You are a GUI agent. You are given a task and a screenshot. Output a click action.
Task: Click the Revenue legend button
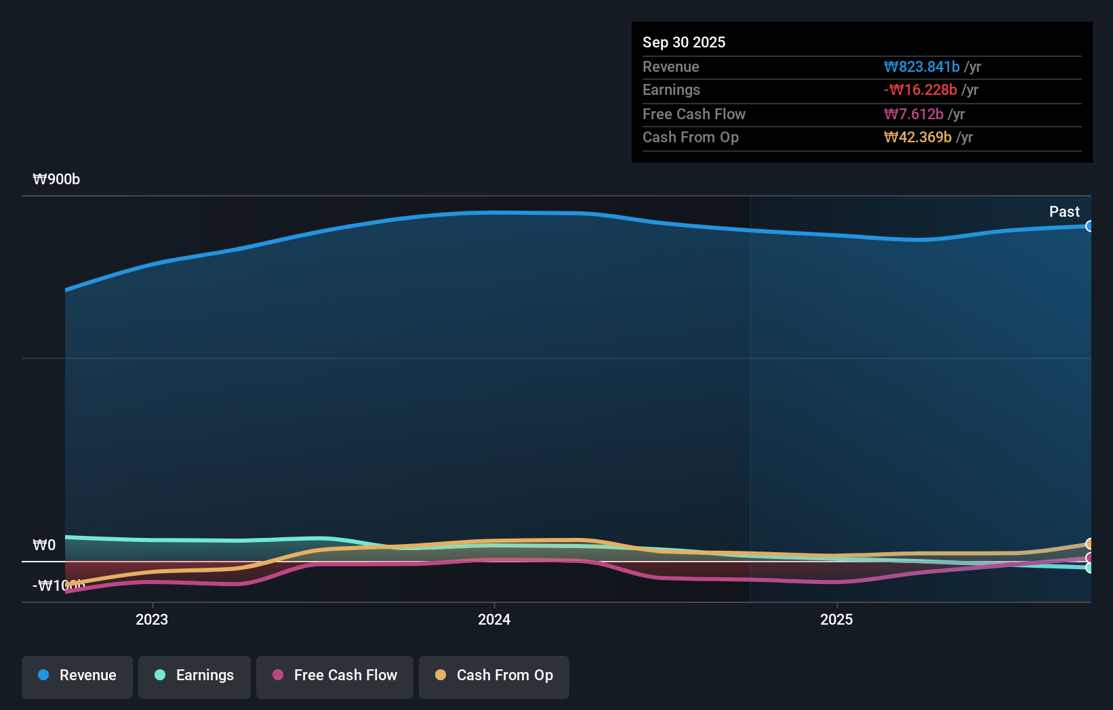pos(77,675)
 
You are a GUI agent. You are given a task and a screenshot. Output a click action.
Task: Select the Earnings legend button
pos(195,675)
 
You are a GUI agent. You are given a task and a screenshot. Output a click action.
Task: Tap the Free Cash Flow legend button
pos(335,675)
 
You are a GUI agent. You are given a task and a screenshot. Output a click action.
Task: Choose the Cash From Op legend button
pos(494,675)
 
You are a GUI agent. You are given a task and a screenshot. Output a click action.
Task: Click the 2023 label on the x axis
pos(152,619)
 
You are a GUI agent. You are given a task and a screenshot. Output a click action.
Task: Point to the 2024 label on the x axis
pos(494,619)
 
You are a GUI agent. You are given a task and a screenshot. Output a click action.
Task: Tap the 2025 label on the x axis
pos(836,619)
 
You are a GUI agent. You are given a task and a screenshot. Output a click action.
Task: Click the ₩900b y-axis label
pos(56,179)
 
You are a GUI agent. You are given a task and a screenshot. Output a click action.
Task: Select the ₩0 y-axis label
pos(44,545)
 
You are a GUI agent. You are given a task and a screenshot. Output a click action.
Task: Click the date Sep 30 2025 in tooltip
pos(684,42)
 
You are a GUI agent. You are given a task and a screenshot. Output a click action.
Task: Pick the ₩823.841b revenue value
pos(921,66)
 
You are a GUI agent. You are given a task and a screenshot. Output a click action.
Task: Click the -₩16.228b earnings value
pos(920,89)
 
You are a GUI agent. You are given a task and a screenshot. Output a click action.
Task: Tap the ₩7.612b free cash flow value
pos(913,114)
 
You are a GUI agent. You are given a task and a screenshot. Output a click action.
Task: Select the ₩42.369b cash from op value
pos(917,137)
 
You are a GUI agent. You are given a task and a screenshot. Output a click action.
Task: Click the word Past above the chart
pos(1064,211)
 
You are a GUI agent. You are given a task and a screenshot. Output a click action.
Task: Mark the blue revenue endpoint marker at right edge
pos(1089,226)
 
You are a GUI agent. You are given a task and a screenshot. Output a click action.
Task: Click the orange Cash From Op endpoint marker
pos(1089,544)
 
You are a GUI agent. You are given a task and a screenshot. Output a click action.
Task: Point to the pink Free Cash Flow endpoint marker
pos(1089,558)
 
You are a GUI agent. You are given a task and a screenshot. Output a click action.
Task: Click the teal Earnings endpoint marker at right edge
pos(1089,568)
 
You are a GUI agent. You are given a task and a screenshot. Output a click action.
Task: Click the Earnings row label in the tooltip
pos(671,89)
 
